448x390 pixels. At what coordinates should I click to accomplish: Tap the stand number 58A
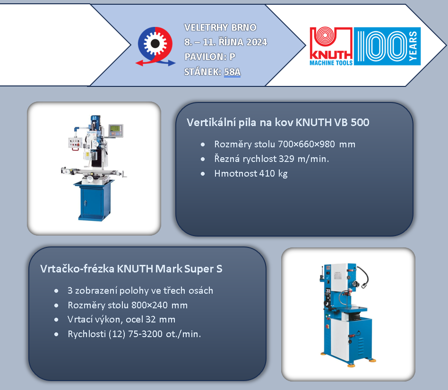point(233,72)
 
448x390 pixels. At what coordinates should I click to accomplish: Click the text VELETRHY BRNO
point(220,27)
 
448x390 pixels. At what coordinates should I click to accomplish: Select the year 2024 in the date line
point(257,42)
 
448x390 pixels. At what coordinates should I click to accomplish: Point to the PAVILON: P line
point(210,57)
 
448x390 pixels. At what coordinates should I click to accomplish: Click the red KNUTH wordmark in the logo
point(331,55)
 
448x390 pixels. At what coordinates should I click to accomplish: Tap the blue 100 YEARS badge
point(387,46)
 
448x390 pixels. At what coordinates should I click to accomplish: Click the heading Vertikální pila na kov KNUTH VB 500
point(278,122)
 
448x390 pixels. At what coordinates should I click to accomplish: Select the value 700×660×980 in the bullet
point(306,144)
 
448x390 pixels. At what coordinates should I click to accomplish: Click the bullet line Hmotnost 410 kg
point(251,174)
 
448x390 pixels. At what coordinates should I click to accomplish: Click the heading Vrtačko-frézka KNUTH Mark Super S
point(131,269)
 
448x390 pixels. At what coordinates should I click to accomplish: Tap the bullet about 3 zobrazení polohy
point(140,291)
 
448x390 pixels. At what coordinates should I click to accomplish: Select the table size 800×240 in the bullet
point(149,305)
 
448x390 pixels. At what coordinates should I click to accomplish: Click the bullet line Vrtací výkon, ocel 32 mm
point(121,320)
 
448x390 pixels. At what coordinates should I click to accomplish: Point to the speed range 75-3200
point(145,334)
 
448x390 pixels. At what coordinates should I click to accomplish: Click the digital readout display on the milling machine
point(116,130)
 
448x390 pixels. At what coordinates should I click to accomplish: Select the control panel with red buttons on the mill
point(75,143)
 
